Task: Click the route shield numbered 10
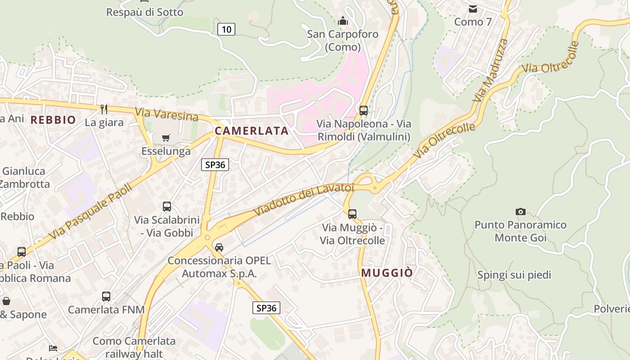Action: coord(226,30)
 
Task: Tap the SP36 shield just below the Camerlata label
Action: coord(215,165)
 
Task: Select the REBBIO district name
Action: coord(53,120)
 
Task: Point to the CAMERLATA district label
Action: coord(251,131)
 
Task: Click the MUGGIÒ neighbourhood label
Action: coord(387,273)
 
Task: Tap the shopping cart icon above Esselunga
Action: coord(166,138)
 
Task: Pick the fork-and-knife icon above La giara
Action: coord(104,109)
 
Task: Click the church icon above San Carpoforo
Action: coord(343,21)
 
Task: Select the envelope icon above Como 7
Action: coord(472,9)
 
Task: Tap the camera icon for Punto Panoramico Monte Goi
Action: coord(521,211)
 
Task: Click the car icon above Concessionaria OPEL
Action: coord(219,247)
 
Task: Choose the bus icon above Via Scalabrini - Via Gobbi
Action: coord(167,207)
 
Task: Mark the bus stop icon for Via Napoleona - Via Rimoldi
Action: coord(364,110)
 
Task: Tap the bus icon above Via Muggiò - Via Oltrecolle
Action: coord(352,214)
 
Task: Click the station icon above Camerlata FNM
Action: coord(106,297)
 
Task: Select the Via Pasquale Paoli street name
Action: coord(90,211)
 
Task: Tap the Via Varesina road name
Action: coord(166,115)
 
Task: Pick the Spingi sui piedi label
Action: coord(514,275)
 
